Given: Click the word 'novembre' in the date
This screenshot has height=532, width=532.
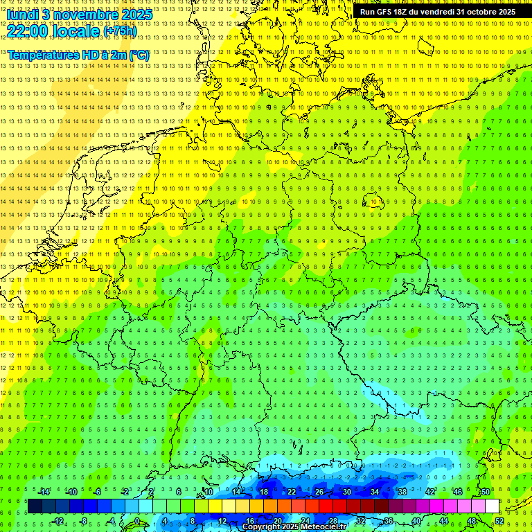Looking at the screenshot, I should [x=81, y=14].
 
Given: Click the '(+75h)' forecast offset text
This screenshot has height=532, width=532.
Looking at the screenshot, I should [x=120, y=31].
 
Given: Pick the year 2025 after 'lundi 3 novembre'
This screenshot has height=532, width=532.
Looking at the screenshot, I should [x=136, y=14].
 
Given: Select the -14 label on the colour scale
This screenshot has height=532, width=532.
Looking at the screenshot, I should [x=45, y=492].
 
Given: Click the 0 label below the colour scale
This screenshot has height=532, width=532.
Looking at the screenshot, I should [x=137, y=521].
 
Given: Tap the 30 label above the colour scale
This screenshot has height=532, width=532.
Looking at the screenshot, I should [x=346, y=492].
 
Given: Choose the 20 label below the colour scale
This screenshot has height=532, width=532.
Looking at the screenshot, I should [x=277, y=521].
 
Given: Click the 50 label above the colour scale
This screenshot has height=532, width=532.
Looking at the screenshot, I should [x=485, y=492].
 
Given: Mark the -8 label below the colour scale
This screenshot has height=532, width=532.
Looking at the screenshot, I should [x=84, y=521].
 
